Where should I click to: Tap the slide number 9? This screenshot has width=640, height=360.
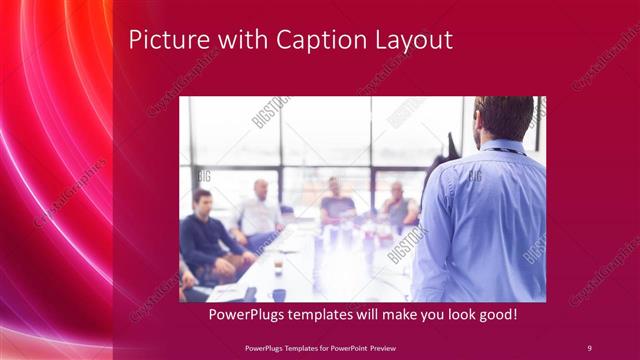589,347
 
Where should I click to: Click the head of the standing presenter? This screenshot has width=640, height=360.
504,118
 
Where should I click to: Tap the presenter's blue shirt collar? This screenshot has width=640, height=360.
500,148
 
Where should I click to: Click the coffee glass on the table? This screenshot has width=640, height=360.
278,264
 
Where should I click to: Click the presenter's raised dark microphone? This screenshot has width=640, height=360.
451,147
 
